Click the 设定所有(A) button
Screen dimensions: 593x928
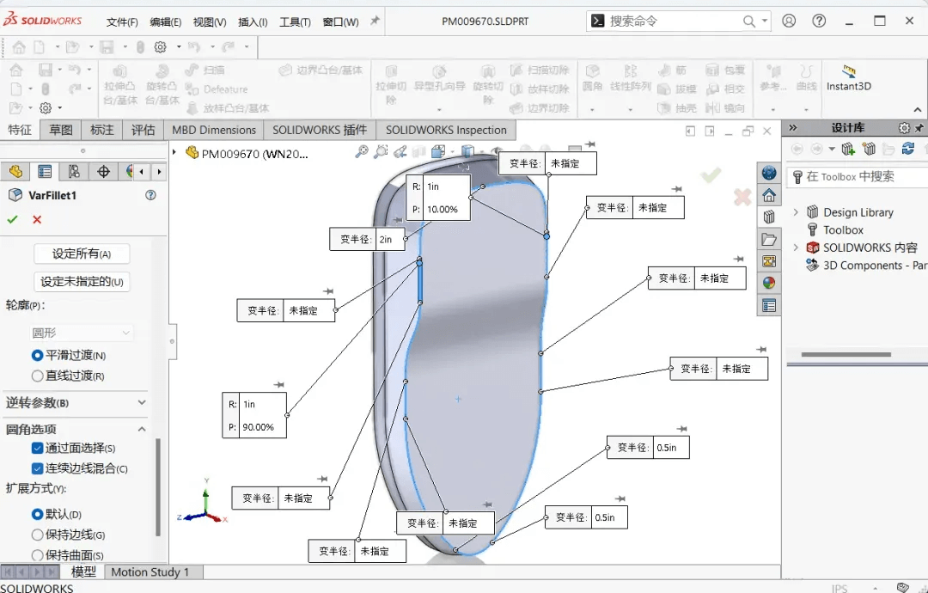pos(82,254)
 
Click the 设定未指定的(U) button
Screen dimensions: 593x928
pos(82,281)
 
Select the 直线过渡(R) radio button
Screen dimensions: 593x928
pos(37,376)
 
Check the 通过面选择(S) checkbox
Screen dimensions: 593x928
pos(37,448)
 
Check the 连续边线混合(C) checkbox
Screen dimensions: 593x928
pos(37,468)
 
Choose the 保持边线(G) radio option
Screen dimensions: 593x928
pos(37,535)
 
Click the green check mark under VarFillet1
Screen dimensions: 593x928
pos(12,219)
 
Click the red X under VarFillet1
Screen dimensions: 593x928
pos(37,219)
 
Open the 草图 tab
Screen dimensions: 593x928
pos(61,130)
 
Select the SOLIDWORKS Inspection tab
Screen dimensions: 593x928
pos(446,130)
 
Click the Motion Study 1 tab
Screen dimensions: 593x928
pos(150,572)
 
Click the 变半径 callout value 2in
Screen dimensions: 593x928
pos(386,240)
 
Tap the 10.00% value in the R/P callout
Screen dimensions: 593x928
pos(443,209)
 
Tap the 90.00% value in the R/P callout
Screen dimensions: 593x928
pos(259,427)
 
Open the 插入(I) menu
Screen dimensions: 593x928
pos(253,21)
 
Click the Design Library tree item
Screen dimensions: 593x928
pos(858,212)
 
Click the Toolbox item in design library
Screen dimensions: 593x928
pos(843,229)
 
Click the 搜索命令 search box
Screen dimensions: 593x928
pos(670,21)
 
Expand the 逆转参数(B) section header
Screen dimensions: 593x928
pos(76,402)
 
